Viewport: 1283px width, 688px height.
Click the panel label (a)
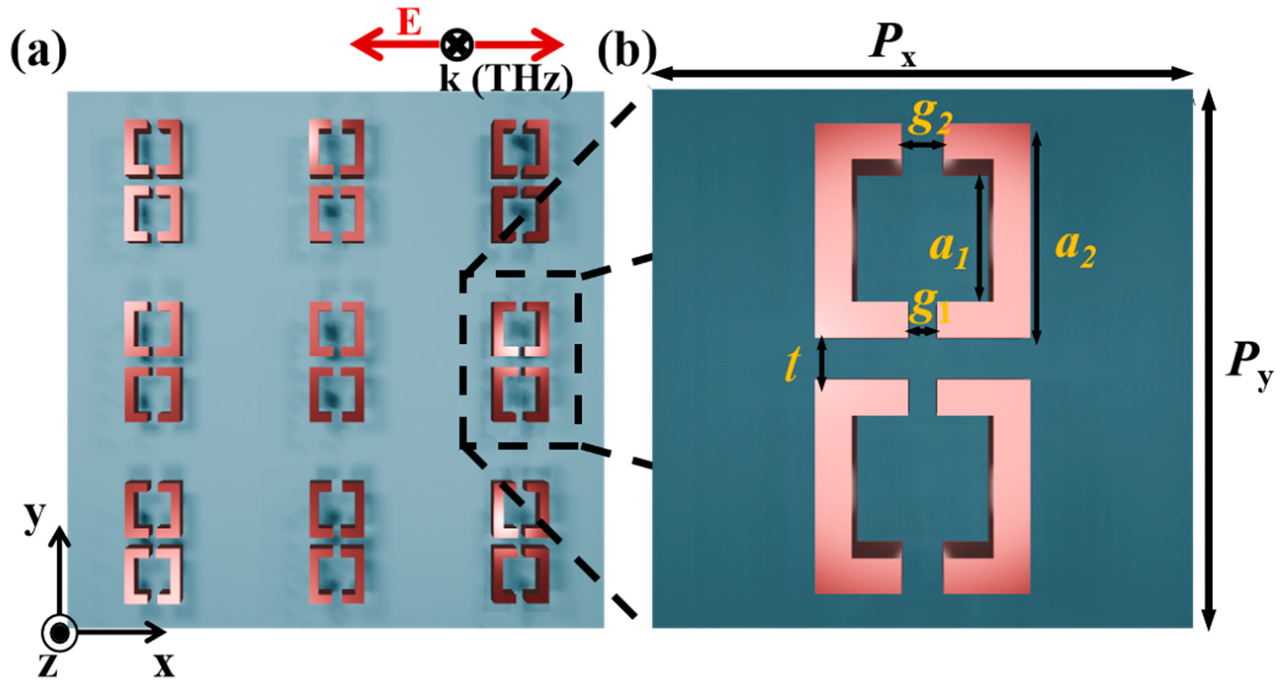pos(39,52)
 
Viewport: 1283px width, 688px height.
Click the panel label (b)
pos(627,52)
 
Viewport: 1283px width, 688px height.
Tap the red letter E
pos(409,22)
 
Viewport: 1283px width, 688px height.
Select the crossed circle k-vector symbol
pos(457,45)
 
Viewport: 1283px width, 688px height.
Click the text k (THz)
pos(506,80)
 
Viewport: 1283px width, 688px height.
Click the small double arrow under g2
pos(922,145)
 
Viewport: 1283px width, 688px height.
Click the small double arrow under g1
pos(922,331)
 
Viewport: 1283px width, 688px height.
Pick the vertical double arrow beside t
pos(822,363)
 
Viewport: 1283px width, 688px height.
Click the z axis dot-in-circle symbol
pos(60,633)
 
